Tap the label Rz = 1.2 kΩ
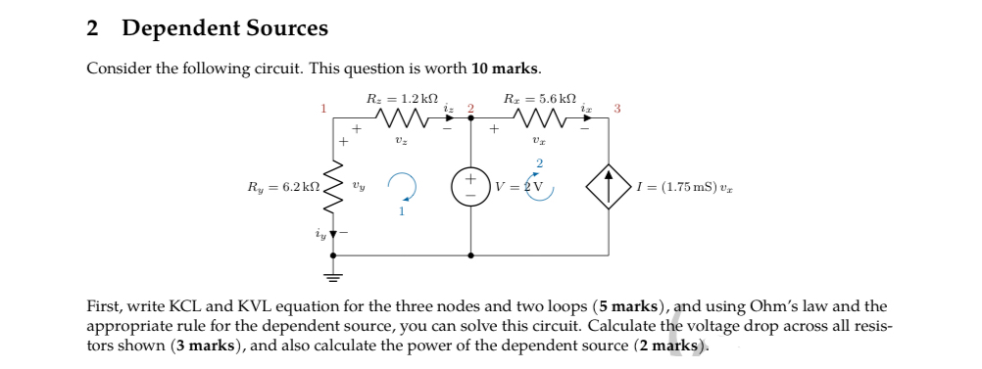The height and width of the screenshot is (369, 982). click(x=392, y=98)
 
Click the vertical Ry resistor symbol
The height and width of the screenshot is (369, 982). click(x=333, y=186)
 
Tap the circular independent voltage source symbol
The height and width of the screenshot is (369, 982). click(x=471, y=186)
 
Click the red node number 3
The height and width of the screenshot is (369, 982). click(x=616, y=108)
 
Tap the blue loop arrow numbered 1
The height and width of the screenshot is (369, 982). click(x=402, y=187)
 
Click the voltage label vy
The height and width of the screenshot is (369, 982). click(x=360, y=184)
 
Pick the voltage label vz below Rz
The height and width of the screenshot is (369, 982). click(x=400, y=140)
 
